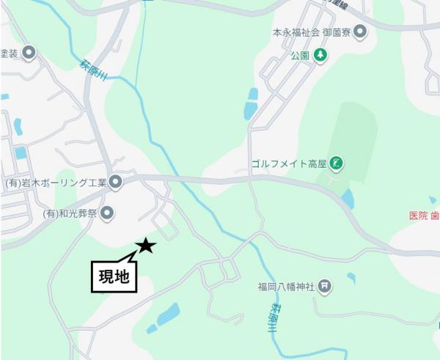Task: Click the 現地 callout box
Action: pyautogui.click(x=114, y=276)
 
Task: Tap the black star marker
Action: pyautogui.click(x=147, y=246)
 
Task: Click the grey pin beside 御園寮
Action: pyautogui.click(x=359, y=32)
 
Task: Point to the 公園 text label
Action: pyautogui.click(x=300, y=55)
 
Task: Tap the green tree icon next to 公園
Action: pyautogui.click(x=320, y=54)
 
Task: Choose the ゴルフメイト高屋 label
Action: pyautogui.click(x=288, y=163)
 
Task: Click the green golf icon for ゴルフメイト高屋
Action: pyautogui.click(x=337, y=163)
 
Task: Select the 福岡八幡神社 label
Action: pyautogui.click(x=285, y=286)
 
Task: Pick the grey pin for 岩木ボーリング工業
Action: pyautogui.click(x=116, y=182)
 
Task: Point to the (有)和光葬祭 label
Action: pyautogui.click(x=70, y=214)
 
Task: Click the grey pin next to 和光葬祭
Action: pyautogui.click(x=107, y=214)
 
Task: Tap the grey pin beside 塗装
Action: pyautogui.click(x=29, y=53)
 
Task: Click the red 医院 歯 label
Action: pyautogui.click(x=424, y=216)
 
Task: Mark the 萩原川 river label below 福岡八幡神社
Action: pyautogui.click(x=273, y=317)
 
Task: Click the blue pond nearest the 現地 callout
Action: pyautogui.click(x=168, y=315)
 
